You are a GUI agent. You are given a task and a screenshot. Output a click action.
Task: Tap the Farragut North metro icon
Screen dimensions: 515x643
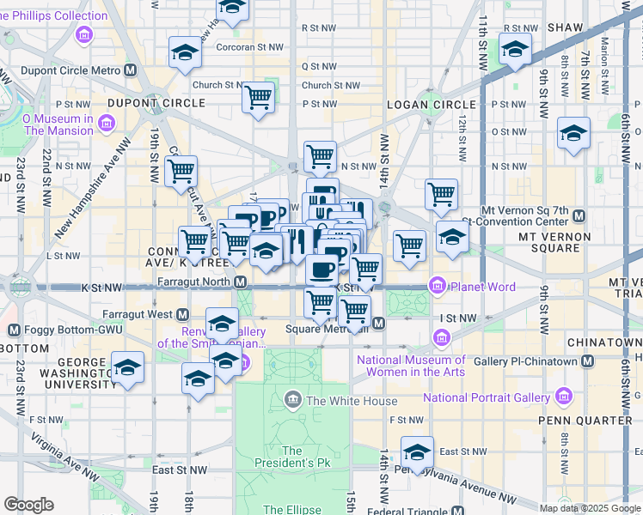pos(242,282)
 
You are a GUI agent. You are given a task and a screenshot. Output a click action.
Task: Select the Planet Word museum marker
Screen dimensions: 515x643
pos(438,285)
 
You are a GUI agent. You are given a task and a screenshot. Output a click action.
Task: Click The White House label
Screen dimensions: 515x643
pos(352,401)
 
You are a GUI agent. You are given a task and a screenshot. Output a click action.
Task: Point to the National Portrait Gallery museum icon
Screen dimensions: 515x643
pos(563,397)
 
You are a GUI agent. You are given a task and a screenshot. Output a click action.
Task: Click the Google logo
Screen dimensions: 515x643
pos(29,505)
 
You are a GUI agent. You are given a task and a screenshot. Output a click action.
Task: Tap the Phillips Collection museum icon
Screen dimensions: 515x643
pos(84,33)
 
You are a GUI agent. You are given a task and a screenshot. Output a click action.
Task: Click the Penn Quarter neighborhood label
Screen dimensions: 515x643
pos(597,420)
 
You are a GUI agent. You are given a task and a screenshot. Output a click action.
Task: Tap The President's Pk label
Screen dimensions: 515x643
pos(291,457)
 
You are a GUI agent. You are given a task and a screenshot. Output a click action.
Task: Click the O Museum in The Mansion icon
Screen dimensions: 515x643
pos(105,124)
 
